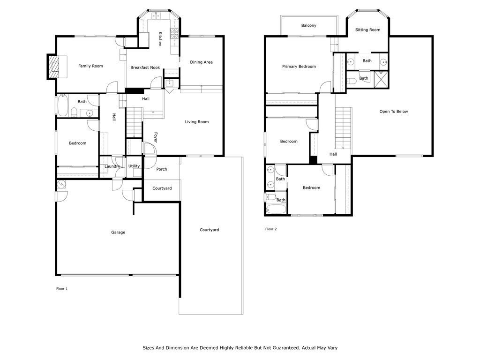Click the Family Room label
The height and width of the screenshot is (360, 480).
point(90,66)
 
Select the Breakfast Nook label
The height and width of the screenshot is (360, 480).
point(145,67)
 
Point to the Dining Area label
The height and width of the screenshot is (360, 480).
point(201,62)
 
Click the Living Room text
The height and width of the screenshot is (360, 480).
point(197,122)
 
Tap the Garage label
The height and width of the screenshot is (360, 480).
point(118,232)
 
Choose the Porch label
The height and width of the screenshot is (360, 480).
point(162,169)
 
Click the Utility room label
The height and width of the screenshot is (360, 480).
point(134,166)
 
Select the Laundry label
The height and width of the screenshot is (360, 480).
point(112,166)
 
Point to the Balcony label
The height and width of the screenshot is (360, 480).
point(308,25)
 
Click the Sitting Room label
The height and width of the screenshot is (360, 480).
point(367,30)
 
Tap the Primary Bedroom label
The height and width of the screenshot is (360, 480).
point(299,67)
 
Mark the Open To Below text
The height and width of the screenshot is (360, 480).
point(394,112)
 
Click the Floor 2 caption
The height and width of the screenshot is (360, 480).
point(271,229)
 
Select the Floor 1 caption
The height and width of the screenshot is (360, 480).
point(62,289)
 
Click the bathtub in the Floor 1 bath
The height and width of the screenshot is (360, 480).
point(62,105)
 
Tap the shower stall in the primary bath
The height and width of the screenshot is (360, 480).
point(381,79)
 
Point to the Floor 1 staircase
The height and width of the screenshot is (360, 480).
point(135,122)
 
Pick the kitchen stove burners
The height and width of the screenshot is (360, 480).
point(174,34)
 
